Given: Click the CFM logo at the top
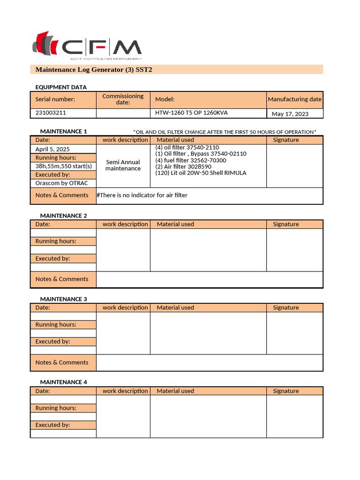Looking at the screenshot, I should (87, 46).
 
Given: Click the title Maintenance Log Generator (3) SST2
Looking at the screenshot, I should (94, 70).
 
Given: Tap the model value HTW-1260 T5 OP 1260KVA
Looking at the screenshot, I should (191, 113).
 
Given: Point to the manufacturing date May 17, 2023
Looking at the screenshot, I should (290, 114).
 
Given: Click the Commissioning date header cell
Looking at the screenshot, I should (123, 99).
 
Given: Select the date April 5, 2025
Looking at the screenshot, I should (52, 149).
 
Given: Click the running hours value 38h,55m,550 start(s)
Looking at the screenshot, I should (63, 166).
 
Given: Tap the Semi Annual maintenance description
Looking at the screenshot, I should (123, 165).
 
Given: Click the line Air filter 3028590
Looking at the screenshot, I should (183, 166).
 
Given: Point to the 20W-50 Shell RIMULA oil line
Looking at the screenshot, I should (201, 173).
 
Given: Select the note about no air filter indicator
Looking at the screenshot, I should (142, 195).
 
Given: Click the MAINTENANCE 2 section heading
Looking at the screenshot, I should (63, 216).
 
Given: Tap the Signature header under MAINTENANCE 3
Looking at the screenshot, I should (285, 307).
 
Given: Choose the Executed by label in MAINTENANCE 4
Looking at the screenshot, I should (52, 425).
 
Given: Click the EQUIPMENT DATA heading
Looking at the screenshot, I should (61, 87).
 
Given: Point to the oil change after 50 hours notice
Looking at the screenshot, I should (225, 132).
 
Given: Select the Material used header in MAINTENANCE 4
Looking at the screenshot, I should (175, 391).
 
